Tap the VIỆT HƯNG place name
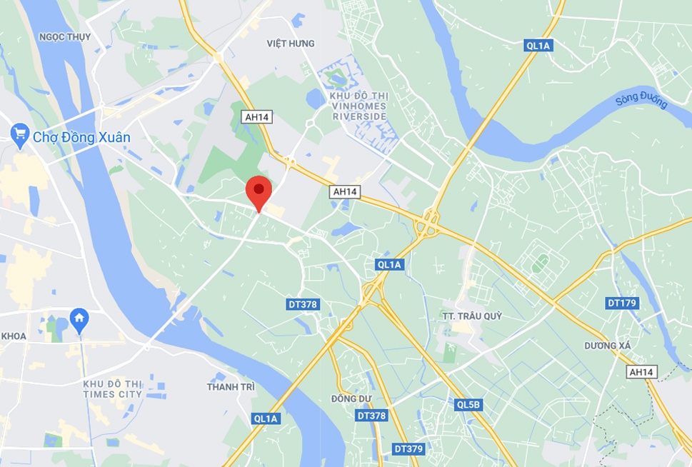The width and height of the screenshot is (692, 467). point(291,44)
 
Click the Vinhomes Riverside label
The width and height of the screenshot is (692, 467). point(358,106)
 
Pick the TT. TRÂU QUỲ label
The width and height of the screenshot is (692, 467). point(472,316)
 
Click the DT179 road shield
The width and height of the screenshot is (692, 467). point(622,303)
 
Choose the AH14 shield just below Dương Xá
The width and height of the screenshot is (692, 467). point(641,372)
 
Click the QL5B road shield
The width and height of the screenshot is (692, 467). point(468,405)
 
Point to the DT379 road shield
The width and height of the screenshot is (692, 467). point(408,449)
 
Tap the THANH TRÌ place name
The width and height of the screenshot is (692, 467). point(231,386)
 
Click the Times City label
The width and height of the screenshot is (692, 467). point(113,388)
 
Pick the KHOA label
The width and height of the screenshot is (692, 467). point(14,336)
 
